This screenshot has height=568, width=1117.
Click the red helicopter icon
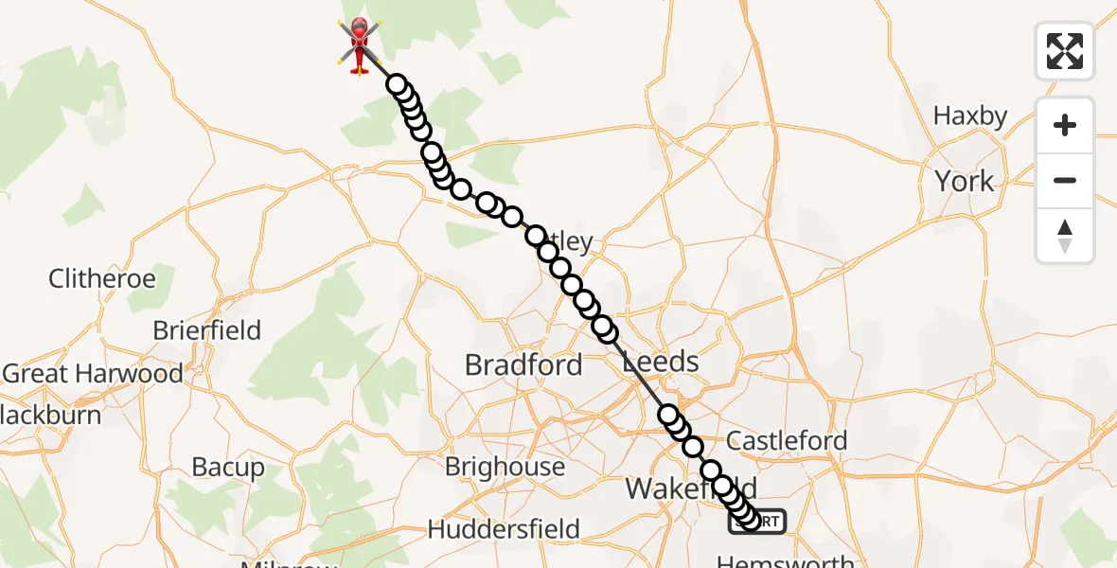[x=360, y=44]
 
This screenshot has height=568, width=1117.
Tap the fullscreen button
[x=1065, y=51]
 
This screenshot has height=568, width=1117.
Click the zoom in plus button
[x=1065, y=125]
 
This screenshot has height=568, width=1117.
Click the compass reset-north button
[x=1065, y=236]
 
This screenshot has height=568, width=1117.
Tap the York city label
[x=965, y=181]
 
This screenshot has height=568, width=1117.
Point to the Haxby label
[x=970, y=116]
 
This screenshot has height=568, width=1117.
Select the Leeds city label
[x=661, y=362]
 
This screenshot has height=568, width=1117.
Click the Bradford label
[x=523, y=365]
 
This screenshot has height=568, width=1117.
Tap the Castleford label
[x=787, y=441]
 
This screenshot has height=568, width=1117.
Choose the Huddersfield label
[x=504, y=529]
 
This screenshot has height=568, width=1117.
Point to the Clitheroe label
[x=102, y=279]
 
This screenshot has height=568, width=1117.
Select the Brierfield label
[x=207, y=331]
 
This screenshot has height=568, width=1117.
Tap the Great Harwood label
[x=93, y=374]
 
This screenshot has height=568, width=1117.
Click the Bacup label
[x=228, y=467]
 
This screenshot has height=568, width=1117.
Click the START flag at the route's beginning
[x=757, y=522]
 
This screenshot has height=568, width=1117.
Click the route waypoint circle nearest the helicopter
[x=397, y=85]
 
